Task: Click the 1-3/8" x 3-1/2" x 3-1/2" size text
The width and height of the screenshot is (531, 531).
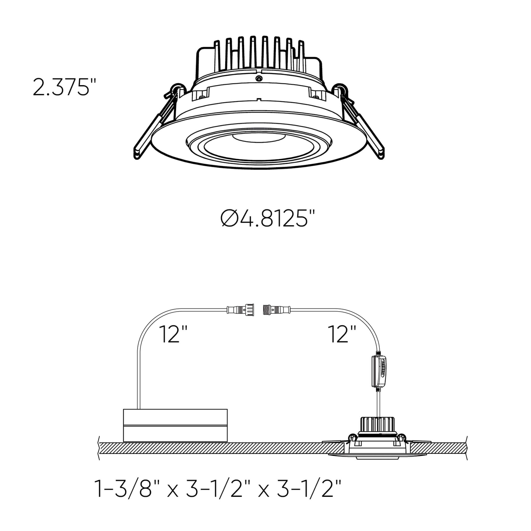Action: [x=219, y=489]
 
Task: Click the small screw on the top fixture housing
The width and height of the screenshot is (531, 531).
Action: [x=258, y=79]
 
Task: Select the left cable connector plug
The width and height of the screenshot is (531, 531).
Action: [x=241, y=310]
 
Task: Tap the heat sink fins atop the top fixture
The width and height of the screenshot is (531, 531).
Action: [x=258, y=54]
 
